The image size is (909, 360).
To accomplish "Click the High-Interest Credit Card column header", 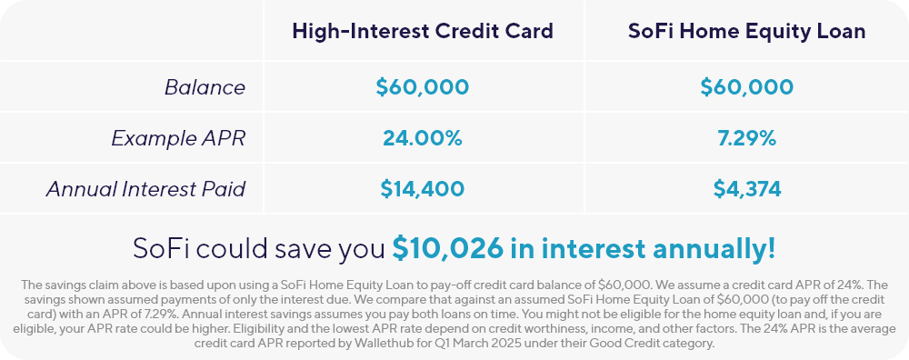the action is click(423, 31).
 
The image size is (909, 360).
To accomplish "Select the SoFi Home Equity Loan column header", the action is click(746, 31).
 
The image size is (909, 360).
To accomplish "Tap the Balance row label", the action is click(205, 87).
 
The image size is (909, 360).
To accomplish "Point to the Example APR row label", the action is click(178, 138).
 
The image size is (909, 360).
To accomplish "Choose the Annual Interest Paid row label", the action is click(145, 189).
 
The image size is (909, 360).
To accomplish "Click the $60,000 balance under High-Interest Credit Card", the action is click(422, 87).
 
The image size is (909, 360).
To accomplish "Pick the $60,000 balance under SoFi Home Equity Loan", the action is click(746, 87).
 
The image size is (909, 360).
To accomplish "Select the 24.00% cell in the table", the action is click(422, 138).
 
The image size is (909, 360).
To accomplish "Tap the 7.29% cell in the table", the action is click(746, 138).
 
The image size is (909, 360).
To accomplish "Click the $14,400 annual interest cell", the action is click(422, 189).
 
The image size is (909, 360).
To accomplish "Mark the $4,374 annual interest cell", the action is click(746, 189).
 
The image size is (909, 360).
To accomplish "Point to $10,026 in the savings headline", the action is click(447, 248).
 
